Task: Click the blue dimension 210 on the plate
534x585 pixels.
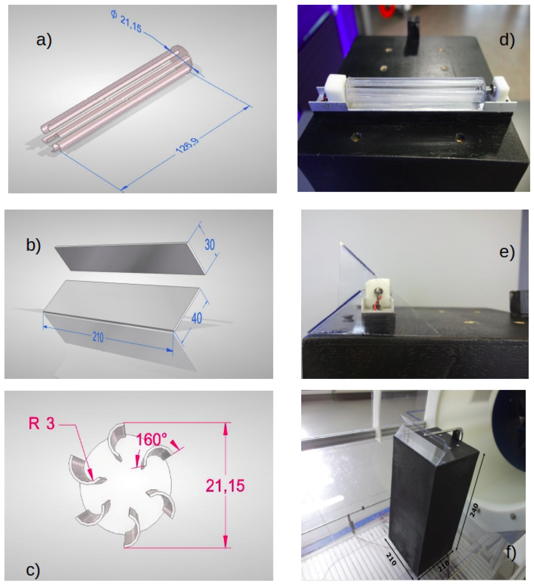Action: [x=98, y=338]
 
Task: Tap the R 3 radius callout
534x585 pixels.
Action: [x=42, y=423]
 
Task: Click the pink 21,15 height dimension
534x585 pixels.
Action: [x=225, y=485]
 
